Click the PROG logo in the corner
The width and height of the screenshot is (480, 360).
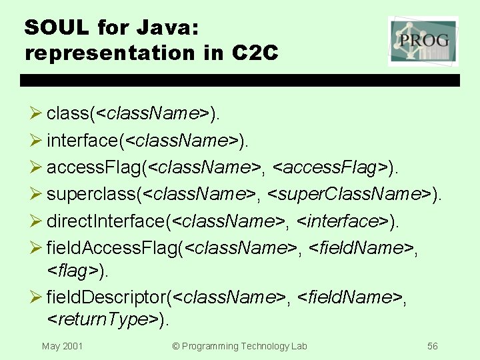[423, 41]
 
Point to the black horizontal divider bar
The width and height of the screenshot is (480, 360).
[240, 80]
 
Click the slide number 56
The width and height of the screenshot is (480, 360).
[433, 346]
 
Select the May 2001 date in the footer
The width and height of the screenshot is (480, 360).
[62, 346]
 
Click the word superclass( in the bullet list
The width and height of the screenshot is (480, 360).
[95, 194]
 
